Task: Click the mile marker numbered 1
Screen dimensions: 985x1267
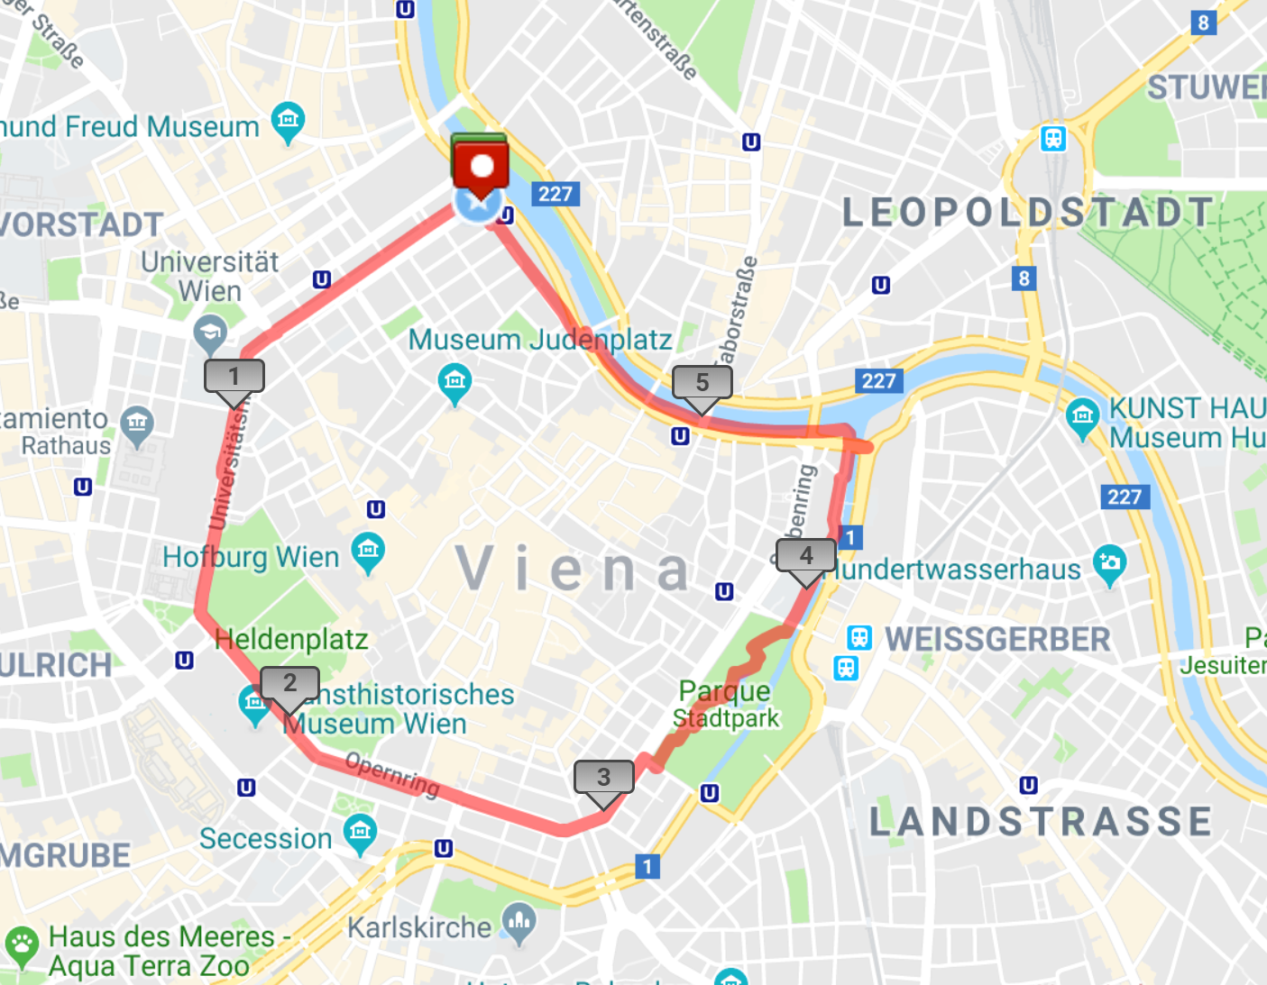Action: click(x=234, y=376)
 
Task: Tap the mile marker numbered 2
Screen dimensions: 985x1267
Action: click(x=289, y=684)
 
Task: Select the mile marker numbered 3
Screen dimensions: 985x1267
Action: click(x=604, y=777)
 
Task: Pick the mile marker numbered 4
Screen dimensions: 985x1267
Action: click(x=806, y=555)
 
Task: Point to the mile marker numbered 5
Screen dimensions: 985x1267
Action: click(x=702, y=382)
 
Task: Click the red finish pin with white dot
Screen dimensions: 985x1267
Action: click(x=481, y=167)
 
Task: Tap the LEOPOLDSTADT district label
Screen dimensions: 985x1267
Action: click(x=1027, y=213)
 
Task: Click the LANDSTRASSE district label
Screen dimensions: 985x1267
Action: click(x=1041, y=821)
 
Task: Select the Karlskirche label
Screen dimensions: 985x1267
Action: click(x=419, y=926)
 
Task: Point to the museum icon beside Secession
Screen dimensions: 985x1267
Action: click(x=361, y=831)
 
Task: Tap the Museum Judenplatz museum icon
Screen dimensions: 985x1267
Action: click(x=454, y=381)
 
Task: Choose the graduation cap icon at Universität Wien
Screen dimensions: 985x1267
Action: click(x=210, y=333)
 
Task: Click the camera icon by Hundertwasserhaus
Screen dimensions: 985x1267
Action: click(x=1109, y=562)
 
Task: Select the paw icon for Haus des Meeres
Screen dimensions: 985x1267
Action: click(x=22, y=944)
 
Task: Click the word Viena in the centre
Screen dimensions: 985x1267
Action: click(x=574, y=569)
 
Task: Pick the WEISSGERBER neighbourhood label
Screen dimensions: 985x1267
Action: click(x=997, y=639)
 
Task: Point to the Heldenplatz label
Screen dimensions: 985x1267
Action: click(x=291, y=639)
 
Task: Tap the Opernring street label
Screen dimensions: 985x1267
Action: click(x=392, y=774)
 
